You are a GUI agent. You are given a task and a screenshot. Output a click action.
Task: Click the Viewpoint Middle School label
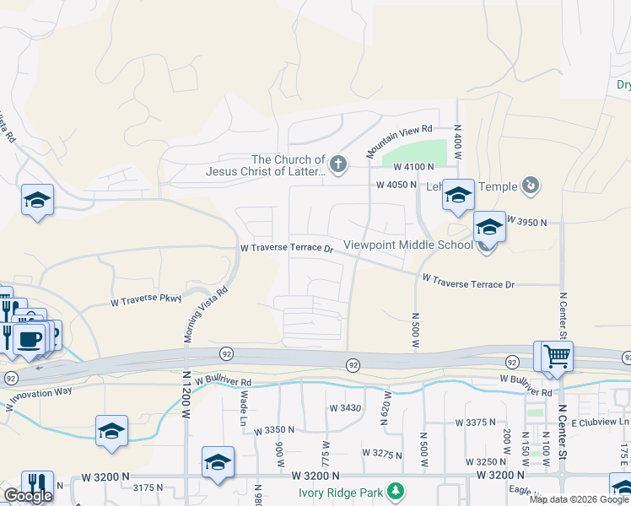coord(408,245)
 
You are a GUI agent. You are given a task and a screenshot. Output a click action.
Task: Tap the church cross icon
coord(338,164)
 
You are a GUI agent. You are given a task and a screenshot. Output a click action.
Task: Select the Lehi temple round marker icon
coord(531,185)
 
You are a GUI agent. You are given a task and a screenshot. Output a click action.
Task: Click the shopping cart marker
coord(557,356)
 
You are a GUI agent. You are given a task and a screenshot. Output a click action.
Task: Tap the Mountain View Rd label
coord(398,141)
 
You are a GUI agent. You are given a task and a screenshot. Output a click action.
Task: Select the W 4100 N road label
coord(401,167)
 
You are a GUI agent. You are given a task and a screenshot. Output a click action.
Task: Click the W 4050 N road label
coord(396,186)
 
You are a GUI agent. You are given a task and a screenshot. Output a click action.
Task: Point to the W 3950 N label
coord(527,222)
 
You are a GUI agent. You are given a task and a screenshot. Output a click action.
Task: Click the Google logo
coord(28,496)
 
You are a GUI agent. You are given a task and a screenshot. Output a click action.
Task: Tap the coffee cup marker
coord(29,339)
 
